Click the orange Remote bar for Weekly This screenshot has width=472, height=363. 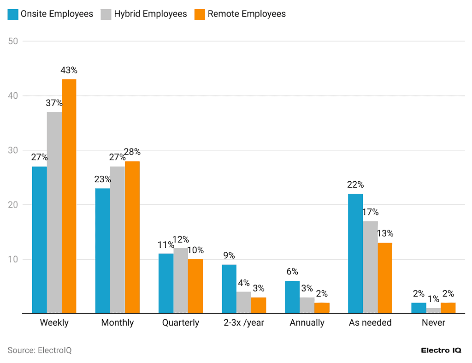[69, 196]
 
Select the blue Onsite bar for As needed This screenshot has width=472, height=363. [355, 253]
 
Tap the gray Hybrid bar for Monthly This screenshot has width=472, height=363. [118, 240]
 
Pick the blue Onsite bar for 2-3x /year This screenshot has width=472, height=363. [229, 289]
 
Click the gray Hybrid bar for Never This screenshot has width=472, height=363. [433, 311]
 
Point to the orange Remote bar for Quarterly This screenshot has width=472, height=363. [195, 286]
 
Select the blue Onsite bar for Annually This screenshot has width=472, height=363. [292, 297]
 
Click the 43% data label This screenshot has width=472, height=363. [69, 71]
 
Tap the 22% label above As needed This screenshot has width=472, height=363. [355, 184]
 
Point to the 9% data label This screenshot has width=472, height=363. [229, 256]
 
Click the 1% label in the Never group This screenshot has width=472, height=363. [433, 299]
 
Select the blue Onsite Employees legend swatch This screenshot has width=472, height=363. [13, 14]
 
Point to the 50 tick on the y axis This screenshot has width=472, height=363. [13, 41]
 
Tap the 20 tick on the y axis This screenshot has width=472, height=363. [13, 205]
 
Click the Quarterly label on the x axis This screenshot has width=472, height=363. [181, 322]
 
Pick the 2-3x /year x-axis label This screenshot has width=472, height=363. [244, 322]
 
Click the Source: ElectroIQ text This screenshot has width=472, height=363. [40, 350]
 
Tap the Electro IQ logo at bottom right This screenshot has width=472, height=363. [441, 350]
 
